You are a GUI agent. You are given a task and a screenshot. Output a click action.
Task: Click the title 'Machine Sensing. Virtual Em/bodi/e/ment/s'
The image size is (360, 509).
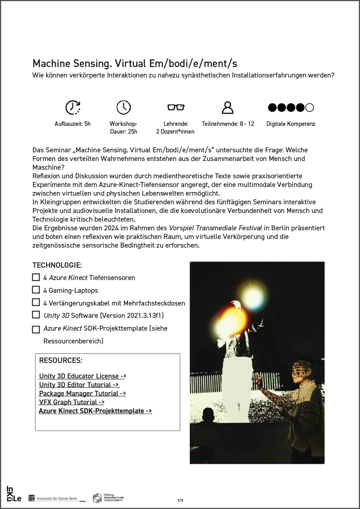click(135, 63)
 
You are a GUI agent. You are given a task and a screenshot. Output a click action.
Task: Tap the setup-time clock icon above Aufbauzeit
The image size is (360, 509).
click(72, 107)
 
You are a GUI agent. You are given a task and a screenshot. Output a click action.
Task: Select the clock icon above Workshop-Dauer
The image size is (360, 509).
click(123, 107)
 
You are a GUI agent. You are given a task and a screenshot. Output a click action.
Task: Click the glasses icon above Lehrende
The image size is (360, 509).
click(175, 107)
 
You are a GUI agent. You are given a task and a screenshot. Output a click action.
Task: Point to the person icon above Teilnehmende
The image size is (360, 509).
click(227, 107)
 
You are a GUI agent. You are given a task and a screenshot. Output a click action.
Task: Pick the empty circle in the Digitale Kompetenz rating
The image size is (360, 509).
click(310, 108)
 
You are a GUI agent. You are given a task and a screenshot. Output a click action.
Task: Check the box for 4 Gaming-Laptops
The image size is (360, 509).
click(36, 290)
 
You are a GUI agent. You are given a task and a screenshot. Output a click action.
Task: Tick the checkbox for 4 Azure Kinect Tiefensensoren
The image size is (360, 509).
click(36, 277)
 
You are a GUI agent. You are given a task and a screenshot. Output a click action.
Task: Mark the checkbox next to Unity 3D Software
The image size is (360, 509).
click(36, 315)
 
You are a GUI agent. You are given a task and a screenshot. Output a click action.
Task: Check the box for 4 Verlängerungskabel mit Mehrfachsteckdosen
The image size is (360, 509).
click(36, 302)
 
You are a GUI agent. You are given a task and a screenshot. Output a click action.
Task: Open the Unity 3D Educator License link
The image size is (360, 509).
click(82, 376)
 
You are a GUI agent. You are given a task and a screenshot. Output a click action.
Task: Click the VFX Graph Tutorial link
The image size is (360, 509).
click(72, 402)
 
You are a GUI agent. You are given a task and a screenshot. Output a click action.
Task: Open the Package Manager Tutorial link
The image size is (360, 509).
click(82, 394)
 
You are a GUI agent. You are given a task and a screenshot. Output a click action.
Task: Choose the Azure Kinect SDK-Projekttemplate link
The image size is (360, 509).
click(95, 411)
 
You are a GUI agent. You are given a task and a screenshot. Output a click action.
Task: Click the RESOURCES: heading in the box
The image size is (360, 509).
click(61, 360)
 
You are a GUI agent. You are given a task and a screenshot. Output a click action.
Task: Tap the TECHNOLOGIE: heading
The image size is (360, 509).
click(57, 265)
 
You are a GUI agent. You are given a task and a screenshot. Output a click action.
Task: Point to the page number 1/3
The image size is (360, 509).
click(180, 500)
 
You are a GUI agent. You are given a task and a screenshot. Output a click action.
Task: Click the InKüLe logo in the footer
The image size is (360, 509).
click(14, 494)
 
